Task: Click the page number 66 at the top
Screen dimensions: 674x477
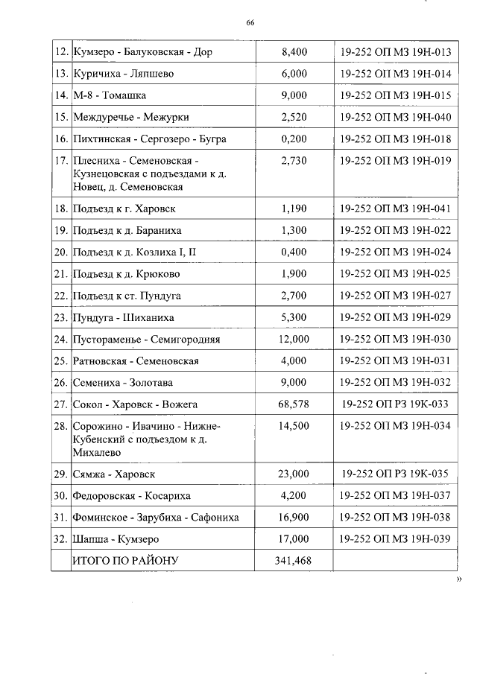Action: [250, 23]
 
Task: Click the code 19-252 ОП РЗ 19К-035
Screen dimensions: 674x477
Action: [394, 474]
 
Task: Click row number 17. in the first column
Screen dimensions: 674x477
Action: [61, 160]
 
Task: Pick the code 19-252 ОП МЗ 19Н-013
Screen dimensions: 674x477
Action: [394, 52]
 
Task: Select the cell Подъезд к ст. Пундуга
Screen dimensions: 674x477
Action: [127, 296]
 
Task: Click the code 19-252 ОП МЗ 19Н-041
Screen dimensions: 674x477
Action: [394, 209]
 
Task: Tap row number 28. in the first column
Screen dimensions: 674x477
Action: [61, 426]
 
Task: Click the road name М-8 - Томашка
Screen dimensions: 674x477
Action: [109, 95]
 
